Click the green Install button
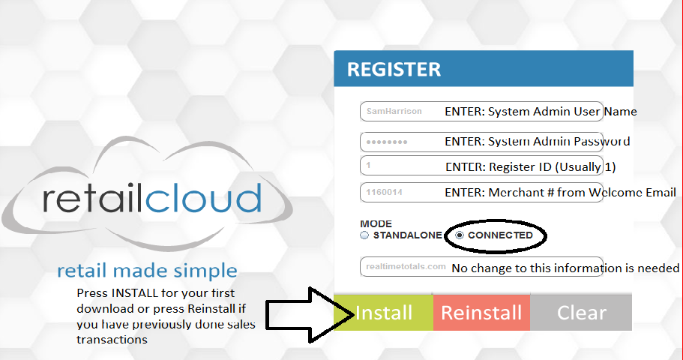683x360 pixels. (383, 312)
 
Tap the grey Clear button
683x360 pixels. (581, 312)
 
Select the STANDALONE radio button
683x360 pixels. (364, 235)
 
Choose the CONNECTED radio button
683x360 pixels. (460, 235)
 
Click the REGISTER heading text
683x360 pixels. (394, 70)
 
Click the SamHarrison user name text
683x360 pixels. (394, 112)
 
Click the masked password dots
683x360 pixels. (387, 142)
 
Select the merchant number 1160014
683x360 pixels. (385, 193)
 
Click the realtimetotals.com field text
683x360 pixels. (406, 267)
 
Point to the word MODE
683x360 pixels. (376, 223)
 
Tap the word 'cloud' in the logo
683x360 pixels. (203, 199)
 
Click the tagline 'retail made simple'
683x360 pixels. (147, 271)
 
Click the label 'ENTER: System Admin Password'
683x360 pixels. (537, 141)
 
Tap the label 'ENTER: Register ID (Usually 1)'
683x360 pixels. (530, 166)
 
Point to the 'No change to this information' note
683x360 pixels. (565, 268)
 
